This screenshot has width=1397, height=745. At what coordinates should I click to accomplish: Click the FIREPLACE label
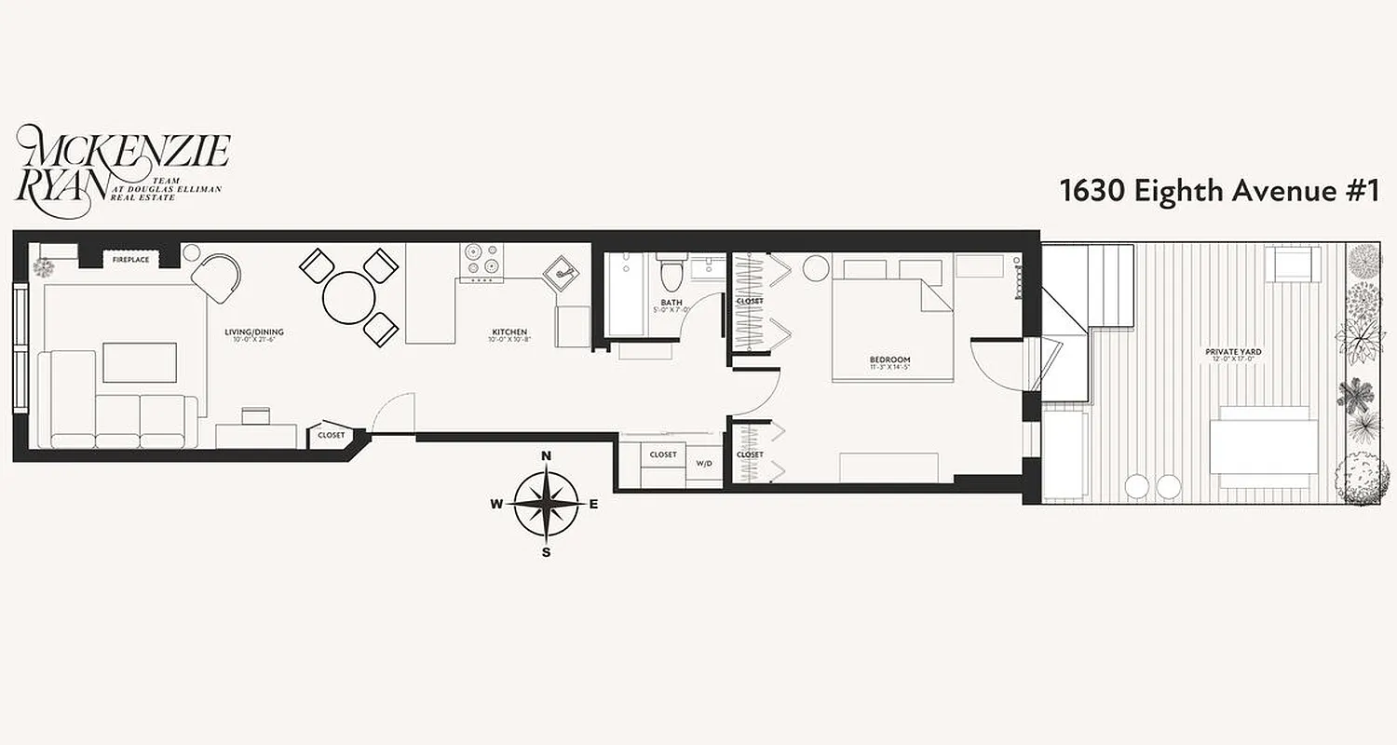pos(130,260)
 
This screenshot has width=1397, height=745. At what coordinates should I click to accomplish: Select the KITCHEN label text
pos(510,332)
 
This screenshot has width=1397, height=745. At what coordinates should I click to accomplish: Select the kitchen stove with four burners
pos(481,263)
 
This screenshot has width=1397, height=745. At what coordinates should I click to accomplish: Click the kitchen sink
pos(562,272)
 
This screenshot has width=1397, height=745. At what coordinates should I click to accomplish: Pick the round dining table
pos(349,297)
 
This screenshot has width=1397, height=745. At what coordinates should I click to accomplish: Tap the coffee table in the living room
pos(140,362)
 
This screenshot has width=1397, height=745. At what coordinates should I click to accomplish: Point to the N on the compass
pos(547,455)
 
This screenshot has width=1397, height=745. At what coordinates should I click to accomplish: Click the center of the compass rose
pos(547,504)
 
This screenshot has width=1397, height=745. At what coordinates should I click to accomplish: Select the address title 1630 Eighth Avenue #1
pos(1218,191)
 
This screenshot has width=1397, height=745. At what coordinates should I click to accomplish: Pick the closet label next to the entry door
pos(331,435)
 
